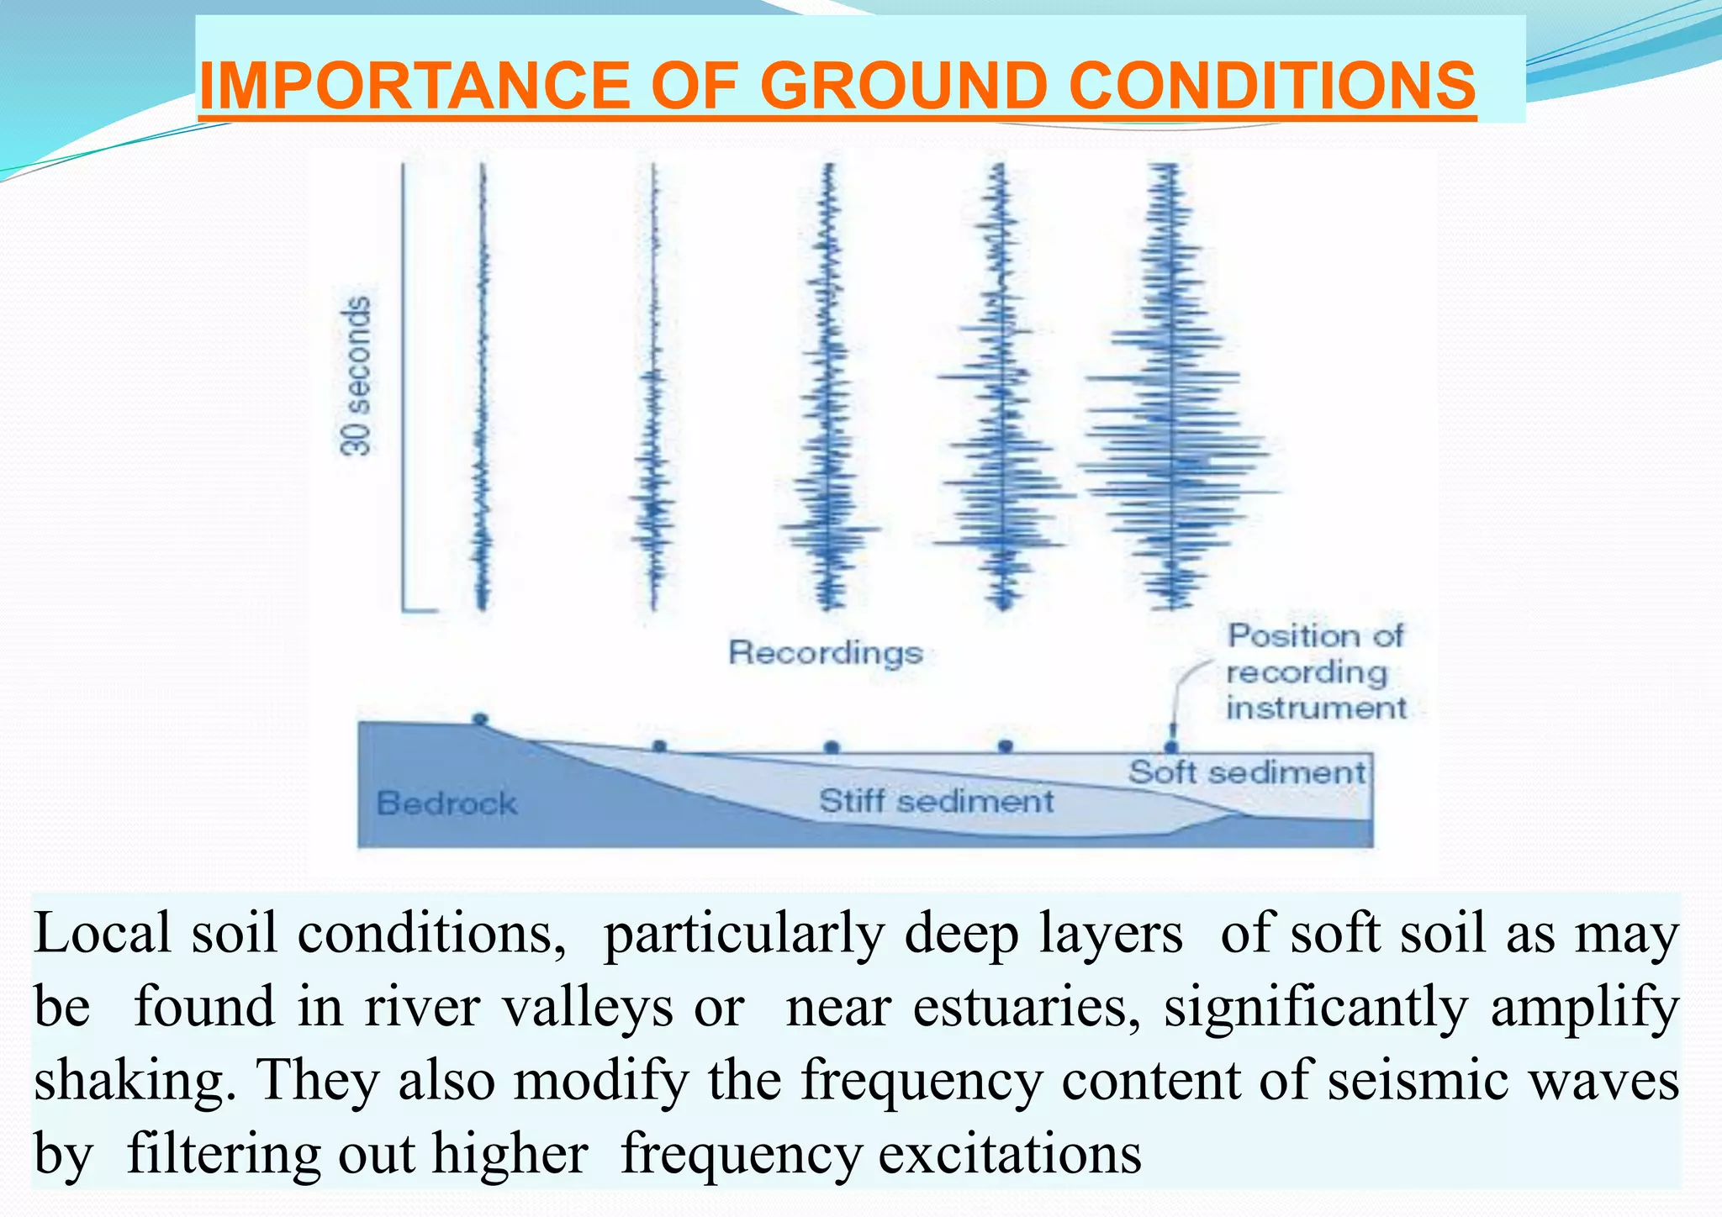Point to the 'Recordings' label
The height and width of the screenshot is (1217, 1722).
click(x=825, y=653)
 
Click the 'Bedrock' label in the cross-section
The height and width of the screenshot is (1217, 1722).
click(x=446, y=803)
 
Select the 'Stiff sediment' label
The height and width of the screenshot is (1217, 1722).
click(x=936, y=801)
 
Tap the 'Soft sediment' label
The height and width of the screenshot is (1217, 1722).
click(x=1247, y=772)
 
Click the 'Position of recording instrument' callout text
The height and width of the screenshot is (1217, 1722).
click(x=1315, y=672)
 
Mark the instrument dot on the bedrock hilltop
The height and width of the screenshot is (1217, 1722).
click(x=480, y=719)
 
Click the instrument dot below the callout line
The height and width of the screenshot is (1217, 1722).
click(x=1170, y=745)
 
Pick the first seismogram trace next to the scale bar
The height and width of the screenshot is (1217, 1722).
click(x=483, y=387)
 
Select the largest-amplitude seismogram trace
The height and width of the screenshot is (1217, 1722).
click(x=1172, y=387)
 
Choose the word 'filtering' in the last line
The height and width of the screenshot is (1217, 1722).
click(x=223, y=1154)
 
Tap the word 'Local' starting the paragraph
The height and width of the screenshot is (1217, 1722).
click(x=103, y=933)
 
